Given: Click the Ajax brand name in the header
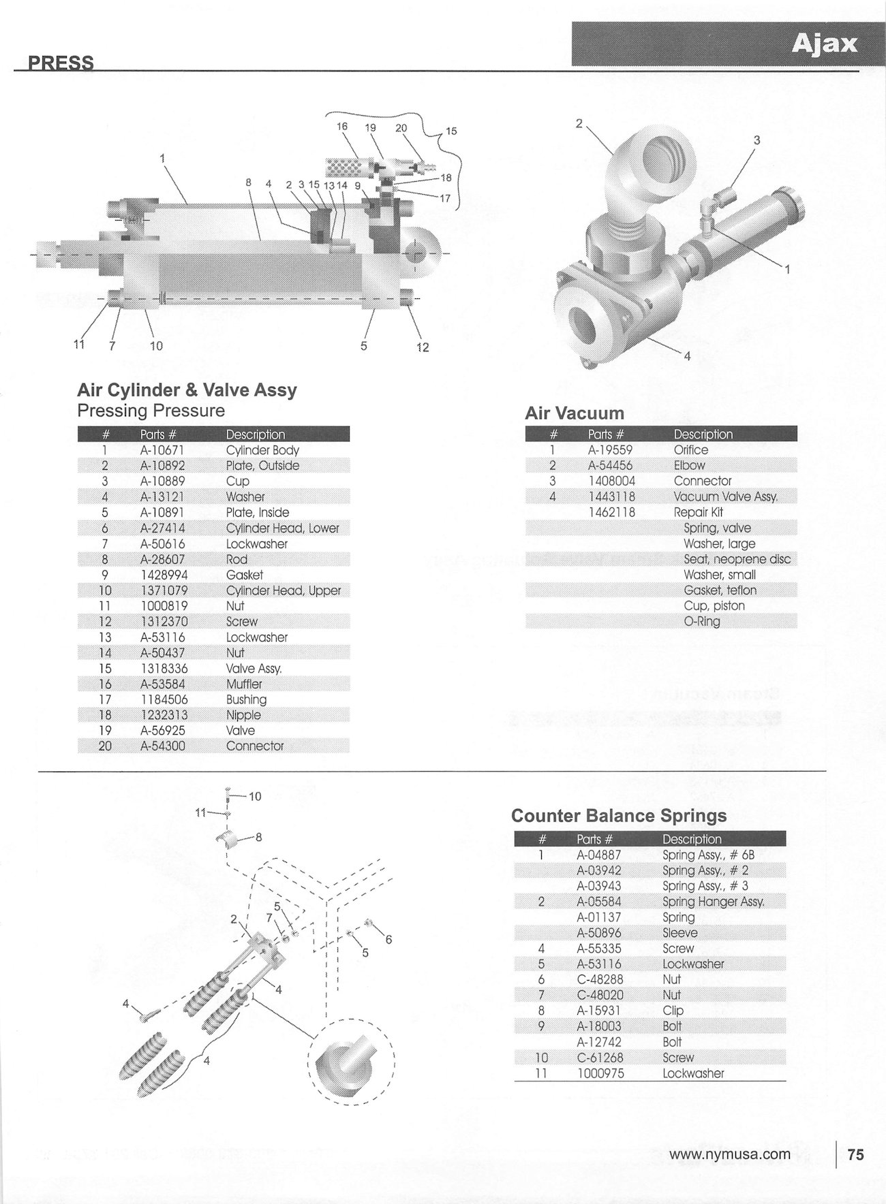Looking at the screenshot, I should (824, 44).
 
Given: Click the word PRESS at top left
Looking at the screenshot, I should (61, 63).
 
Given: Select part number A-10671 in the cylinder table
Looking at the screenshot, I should (162, 450).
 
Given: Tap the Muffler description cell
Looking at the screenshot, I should (243, 684).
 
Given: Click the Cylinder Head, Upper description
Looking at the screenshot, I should (283, 590).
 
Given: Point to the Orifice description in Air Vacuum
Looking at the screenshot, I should (690, 450).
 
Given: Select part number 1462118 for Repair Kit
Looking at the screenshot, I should (611, 512).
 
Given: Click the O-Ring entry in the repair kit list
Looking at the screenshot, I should (701, 621).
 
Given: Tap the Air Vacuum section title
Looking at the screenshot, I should (574, 413).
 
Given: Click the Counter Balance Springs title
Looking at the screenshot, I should (619, 816).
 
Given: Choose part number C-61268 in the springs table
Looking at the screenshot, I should (598, 1058).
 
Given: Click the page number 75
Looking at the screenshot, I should (855, 1154).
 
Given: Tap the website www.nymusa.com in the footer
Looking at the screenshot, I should (729, 1154).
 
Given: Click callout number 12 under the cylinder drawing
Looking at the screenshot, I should (423, 347).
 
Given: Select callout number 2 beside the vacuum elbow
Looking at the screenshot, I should (579, 123).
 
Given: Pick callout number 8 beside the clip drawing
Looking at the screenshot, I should (258, 838).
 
